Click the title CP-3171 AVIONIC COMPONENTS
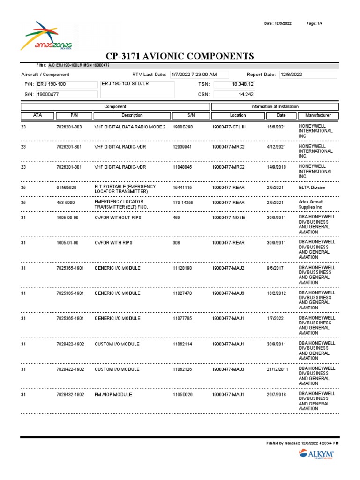[180, 56]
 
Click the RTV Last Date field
[199, 75]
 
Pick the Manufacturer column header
[318, 115]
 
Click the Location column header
[238, 115]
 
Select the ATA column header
[37, 115]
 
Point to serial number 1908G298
[183, 127]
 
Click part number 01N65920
[66, 187]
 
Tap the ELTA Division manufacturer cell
[312, 187]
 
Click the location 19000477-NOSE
[228, 217]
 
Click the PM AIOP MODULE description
[113, 395]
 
